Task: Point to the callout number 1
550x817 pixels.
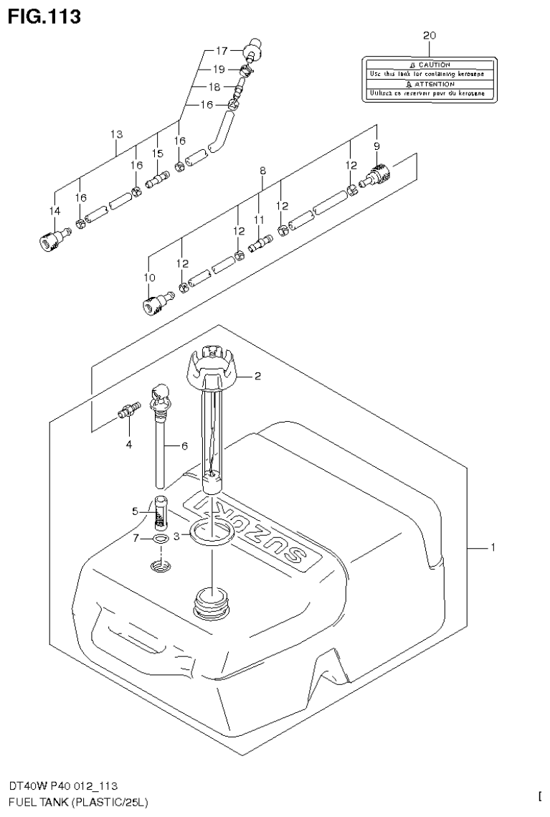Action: (493, 548)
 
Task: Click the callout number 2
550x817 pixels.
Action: (257, 375)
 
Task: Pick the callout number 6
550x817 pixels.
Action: (184, 445)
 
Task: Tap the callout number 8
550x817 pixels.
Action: (263, 171)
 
